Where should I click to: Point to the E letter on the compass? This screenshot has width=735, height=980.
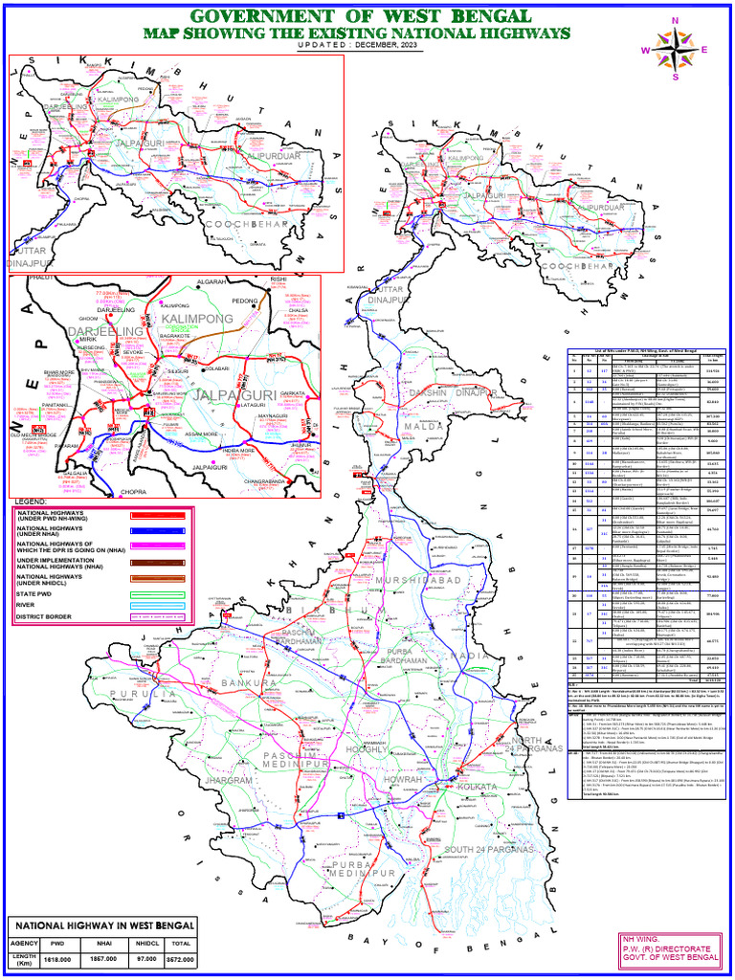tap(704, 50)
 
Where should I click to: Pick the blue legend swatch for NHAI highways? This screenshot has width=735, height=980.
tap(158, 529)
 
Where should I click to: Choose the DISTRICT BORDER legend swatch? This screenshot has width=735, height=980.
tap(158, 617)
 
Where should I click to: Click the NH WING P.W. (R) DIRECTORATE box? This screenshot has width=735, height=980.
tap(670, 947)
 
